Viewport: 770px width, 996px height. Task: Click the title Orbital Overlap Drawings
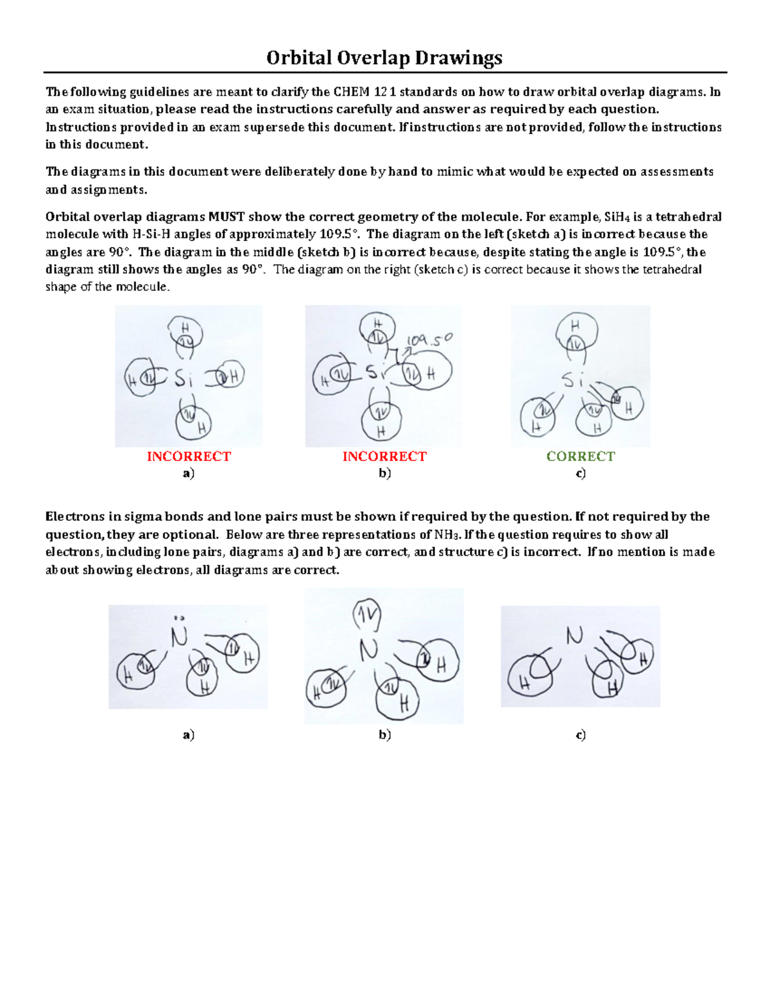pyautogui.click(x=384, y=58)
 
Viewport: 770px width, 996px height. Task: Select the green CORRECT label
pyautogui.click(x=580, y=457)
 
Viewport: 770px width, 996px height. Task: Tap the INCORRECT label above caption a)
pyautogui.click(x=189, y=457)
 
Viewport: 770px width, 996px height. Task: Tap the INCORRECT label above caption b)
pyautogui.click(x=384, y=457)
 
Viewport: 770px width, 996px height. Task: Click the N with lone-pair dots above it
pyautogui.click(x=179, y=637)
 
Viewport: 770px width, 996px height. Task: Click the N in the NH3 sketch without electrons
pyautogui.click(x=574, y=636)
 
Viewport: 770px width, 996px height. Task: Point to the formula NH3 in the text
pyautogui.click(x=447, y=535)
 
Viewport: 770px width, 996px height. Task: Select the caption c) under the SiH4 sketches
pyautogui.click(x=580, y=474)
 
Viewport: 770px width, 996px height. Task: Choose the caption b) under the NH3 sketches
pyautogui.click(x=384, y=735)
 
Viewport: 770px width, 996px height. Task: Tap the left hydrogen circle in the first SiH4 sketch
pyautogui.click(x=141, y=379)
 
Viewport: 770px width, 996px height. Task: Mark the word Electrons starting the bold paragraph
pyautogui.click(x=72, y=517)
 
